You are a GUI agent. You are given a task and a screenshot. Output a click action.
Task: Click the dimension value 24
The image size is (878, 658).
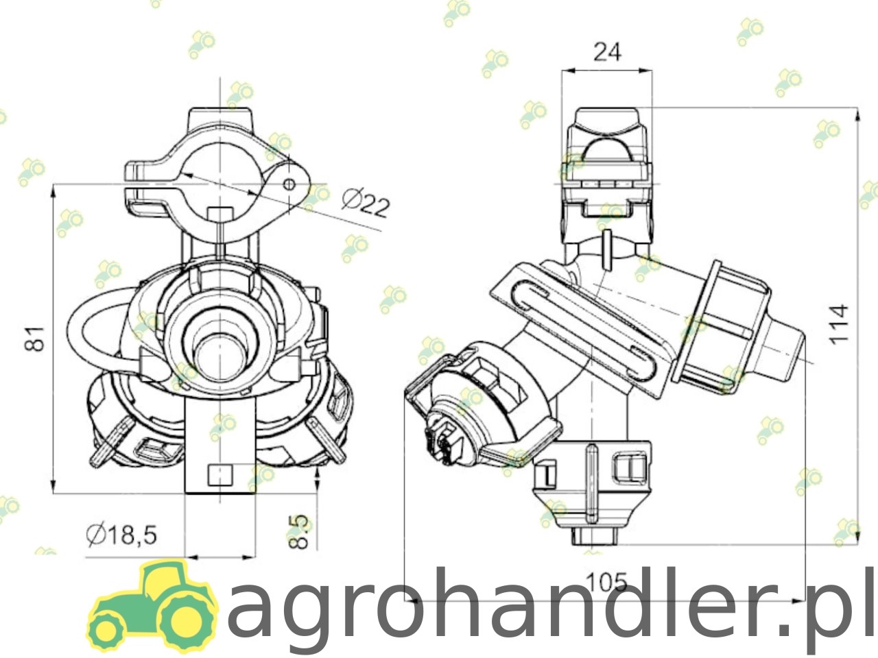(x=607, y=52)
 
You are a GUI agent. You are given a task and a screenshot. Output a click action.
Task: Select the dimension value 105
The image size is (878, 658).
(x=606, y=582)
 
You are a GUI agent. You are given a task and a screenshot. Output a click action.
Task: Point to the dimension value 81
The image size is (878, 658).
(x=35, y=339)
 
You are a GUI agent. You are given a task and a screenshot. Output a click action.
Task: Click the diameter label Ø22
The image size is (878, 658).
(x=366, y=204)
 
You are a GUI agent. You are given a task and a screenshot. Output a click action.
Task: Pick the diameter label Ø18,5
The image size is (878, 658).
(x=121, y=535)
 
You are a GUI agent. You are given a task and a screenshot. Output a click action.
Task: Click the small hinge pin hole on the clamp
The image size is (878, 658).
(x=289, y=184)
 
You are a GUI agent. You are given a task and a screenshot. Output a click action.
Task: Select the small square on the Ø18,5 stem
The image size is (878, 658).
(x=220, y=476)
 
